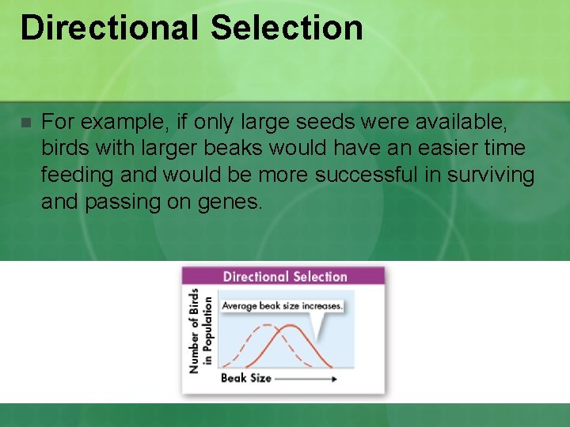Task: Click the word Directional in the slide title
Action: pos(109,28)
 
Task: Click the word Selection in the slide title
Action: pos(287,28)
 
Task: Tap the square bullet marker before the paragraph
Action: pos(25,123)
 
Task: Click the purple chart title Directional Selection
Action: pos(285,277)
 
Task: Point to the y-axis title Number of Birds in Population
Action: pos(200,331)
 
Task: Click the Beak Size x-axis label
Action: pos(245,378)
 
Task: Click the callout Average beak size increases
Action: pos(282,305)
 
